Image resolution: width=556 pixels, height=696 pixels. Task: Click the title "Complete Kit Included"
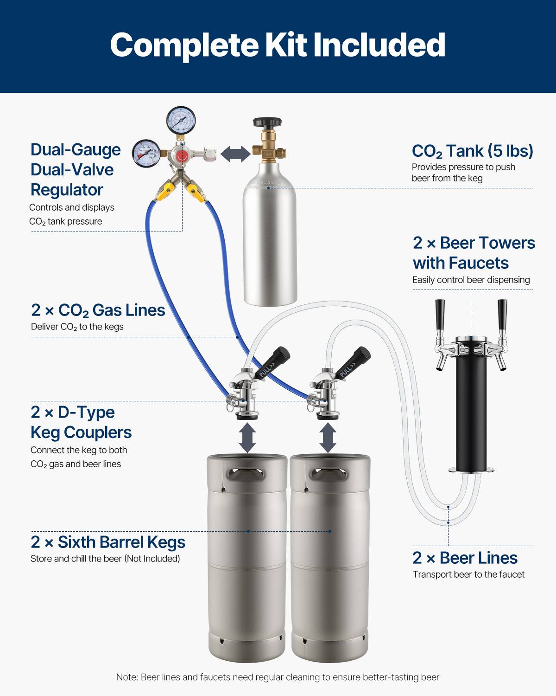(278, 45)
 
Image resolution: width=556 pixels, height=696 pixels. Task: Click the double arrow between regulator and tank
(235, 154)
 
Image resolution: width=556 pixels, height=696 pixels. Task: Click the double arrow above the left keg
(247, 437)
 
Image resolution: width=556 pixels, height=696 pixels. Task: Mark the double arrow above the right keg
(328, 437)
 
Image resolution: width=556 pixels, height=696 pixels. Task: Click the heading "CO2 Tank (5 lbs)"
(472, 151)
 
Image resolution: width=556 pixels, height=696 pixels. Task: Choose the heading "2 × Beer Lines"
(465, 558)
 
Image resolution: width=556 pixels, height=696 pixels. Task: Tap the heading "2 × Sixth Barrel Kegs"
(108, 542)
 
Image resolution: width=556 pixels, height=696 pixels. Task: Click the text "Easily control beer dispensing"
(471, 280)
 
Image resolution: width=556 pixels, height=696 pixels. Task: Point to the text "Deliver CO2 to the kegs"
(77, 327)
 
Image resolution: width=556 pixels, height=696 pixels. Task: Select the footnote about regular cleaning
(278, 677)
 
